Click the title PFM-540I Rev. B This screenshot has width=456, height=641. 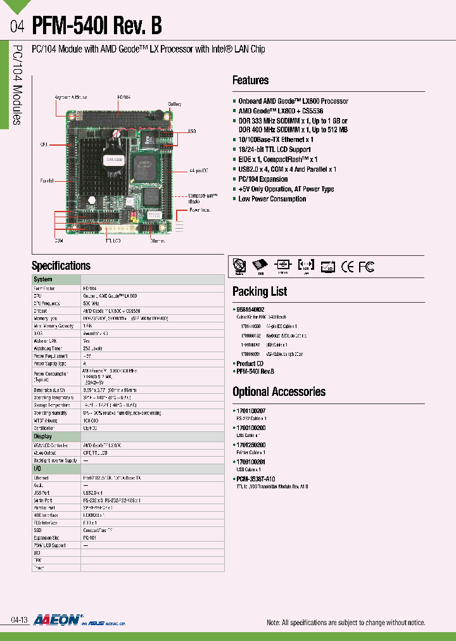[x=96, y=26]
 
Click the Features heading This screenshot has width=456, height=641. [x=250, y=80]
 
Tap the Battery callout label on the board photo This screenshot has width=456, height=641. [x=175, y=104]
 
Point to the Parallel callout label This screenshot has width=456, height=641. [x=47, y=181]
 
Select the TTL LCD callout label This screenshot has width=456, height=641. [x=113, y=241]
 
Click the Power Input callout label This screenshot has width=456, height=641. [x=199, y=210]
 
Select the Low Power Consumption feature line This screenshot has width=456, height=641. [x=272, y=199]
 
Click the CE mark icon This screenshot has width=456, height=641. [x=347, y=267]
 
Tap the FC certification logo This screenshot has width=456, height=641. [x=367, y=267]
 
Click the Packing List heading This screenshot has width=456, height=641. [x=260, y=291]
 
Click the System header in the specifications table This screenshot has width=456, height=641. [x=43, y=279]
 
